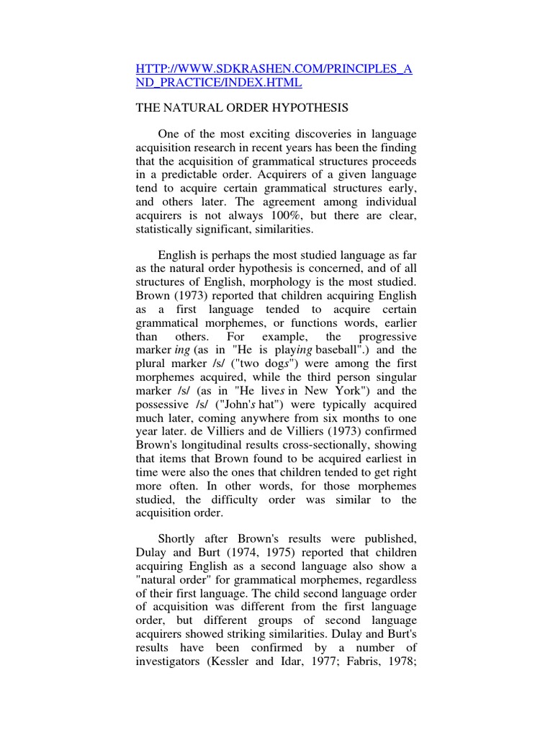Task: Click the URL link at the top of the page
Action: tap(276, 76)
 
